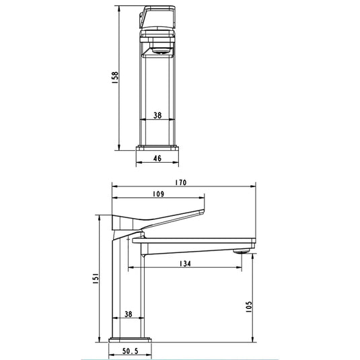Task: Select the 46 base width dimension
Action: (x=157, y=159)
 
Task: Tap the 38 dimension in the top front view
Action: (x=157, y=115)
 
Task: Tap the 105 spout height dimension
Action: (x=248, y=307)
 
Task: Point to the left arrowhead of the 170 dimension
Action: (x=113, y=187)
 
